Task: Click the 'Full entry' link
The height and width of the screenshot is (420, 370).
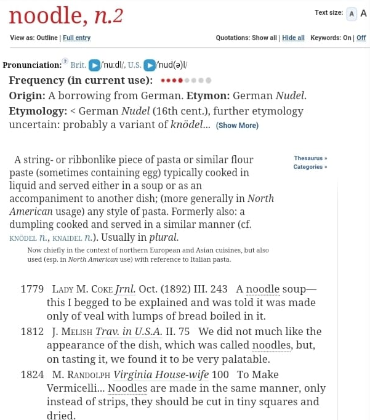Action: pyautogui.click(x=77, y=38)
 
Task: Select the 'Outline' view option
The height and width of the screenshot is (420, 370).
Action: pyautogui.click(x=47, y=38)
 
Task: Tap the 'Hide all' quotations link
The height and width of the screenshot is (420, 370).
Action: pyautogui.click(x=293, y=38)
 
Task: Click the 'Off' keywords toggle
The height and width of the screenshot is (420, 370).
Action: pyautogui.click(x=361, y=38)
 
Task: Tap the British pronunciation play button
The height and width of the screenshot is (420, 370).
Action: pyautogui.click(x=94, y=65)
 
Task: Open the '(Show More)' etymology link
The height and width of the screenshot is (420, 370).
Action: pyautogui.click(x=237, y=126)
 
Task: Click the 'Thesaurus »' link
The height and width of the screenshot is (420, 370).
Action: pyautogui.click(x=310, y=158)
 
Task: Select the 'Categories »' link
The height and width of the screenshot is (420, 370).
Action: pyautogui.click(x=310, y=167)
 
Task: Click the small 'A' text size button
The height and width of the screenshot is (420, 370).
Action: pyautogui.click(x=352, y=14)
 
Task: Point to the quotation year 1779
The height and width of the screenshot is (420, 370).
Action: pyautogui.click(x=32, y=289)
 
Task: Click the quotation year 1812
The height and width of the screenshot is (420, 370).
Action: pyautogui.click(x=32, y=332)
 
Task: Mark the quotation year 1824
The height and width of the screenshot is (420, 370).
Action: pyautogui.click(x=32, y=374)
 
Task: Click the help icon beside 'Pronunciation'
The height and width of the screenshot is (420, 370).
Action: pyautogui.click(x=65, y=61)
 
